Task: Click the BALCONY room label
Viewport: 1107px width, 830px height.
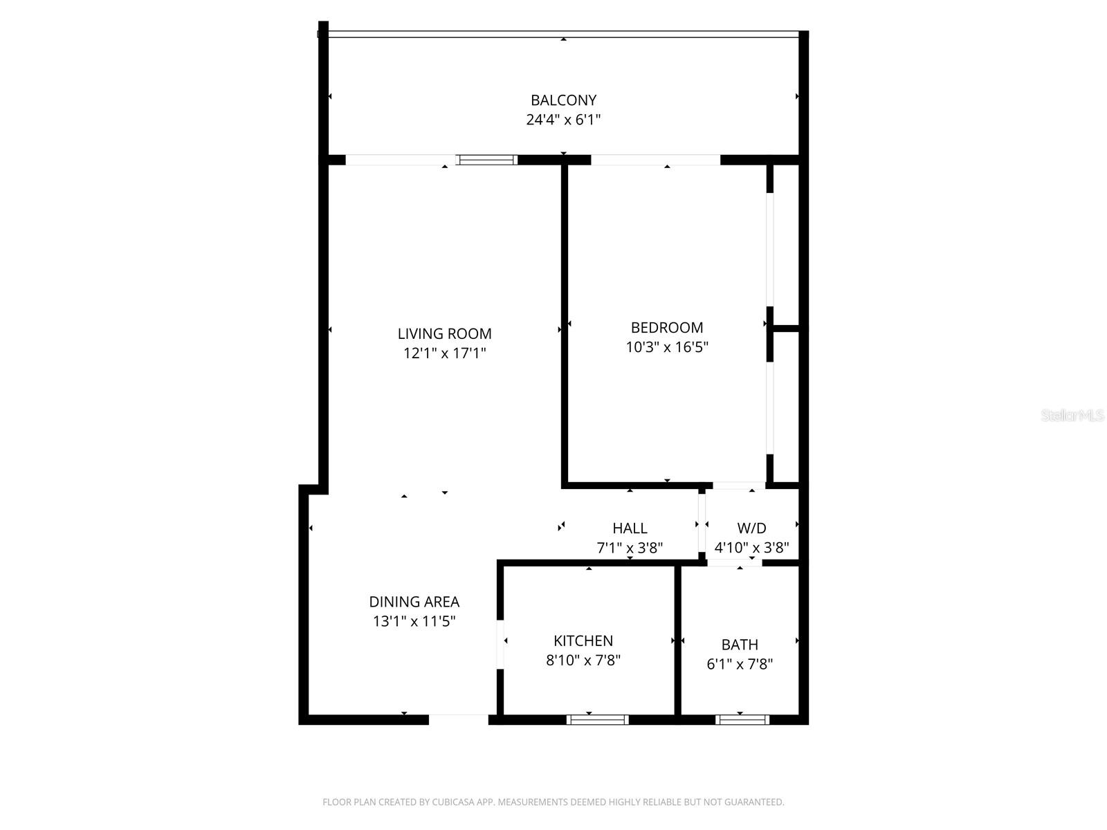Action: click(x=563, y=100)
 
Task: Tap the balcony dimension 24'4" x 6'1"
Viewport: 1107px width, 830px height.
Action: click(x=563, y=120)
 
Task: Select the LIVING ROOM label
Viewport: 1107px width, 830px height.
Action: click(x=444, y=333)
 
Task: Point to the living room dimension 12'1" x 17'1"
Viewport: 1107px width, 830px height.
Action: click(x=444, y=353)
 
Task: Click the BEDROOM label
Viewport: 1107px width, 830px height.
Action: click(x=666, y=328)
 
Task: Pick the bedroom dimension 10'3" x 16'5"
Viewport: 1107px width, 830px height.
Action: click(x=666, y=347)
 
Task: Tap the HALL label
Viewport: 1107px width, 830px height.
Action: click(x=630, y=528)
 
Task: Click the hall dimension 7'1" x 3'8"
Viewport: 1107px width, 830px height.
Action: click(x=630, y=548)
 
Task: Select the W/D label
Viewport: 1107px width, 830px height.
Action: click(x=751, y=528)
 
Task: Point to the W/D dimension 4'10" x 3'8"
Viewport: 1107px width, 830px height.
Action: click(x=751, y=548)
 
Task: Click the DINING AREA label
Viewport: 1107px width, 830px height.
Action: click(x=414, y=602)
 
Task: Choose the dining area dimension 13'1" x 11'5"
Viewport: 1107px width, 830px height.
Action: click(x=414, y=621)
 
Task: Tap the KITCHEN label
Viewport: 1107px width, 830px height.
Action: click(x=583, y=640)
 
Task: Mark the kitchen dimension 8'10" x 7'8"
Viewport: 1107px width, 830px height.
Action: click(x=583, y=661)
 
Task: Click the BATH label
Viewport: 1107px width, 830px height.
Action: click(x=739, y=645)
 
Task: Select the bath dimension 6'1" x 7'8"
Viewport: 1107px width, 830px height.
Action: click(x=739, y=665)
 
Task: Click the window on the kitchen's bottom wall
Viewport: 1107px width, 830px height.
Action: click(x=598, y=720)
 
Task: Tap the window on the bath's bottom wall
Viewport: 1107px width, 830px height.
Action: click(x=742, y=720)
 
